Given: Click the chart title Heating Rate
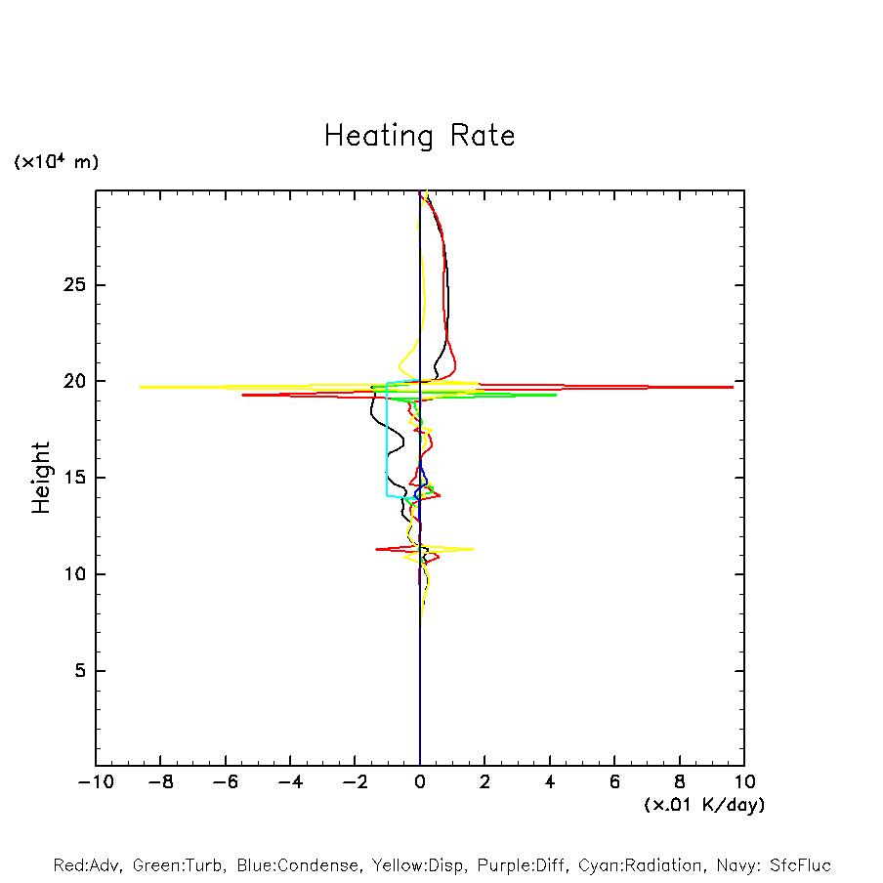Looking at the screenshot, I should click(x=419, y=135).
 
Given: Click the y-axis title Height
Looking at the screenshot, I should click(x=41, y=478).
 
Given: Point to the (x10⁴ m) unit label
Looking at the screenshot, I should click(x=56, y=162).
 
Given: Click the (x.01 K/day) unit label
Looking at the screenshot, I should click(x=704, y=805).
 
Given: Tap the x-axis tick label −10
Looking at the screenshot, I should click(x=91, y=781).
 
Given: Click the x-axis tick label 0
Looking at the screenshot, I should click(x=420, y=781).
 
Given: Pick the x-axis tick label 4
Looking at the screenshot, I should click(x=550, y=781).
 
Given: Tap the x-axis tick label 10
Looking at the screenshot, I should click(x=743, y=781).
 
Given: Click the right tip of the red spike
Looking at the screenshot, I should click(x=733, y=387).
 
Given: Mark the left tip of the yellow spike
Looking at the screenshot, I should click(x=140, y=387).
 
